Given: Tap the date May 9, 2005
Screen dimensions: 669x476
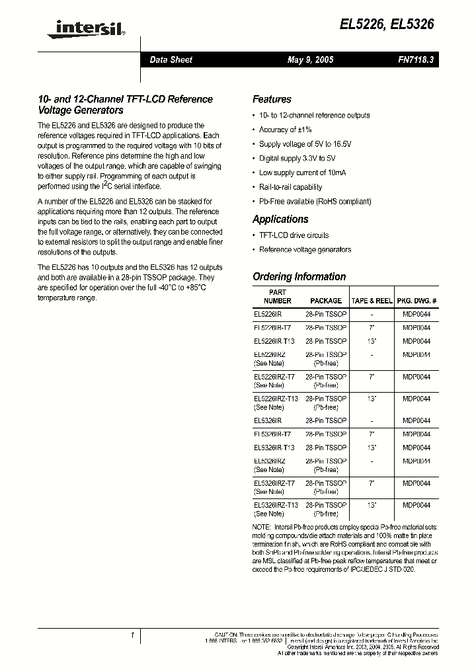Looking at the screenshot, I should pyautogui.click(x=310, y=60).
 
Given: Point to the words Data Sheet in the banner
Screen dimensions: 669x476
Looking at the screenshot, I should pyautogui.click(x=171, y=60).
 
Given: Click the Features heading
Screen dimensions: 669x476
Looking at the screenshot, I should pyautogui.click(x=272, y=99).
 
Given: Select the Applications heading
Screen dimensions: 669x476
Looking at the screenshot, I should pyautogui.click(x=280, y=219).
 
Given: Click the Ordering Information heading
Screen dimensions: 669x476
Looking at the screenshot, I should pyautogui.click(x=299, y=276).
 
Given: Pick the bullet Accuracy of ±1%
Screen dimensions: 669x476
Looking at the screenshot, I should pyautogui.click(x=285, y=130).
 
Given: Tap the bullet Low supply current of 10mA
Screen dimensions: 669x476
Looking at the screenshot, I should pyautogui.click(x=302, y=173).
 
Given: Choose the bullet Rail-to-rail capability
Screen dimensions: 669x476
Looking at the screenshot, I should pyautogui.click(x=290, y=187).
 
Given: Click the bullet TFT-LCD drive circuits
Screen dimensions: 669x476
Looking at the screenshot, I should pyautogui.click(x=294, y=235).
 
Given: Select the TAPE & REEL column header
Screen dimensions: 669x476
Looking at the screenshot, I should pyautogui.click(x=372, y=301).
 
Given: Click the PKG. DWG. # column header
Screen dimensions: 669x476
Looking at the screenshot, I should pyautogui.click(x=416, y=301).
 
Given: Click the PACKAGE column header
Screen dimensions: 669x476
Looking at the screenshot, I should pyautogui.click(x=326, y=301).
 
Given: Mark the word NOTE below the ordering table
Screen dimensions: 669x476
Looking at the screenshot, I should pyautogui.click(x=262, y=526).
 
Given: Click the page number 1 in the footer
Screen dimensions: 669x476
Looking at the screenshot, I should pyautogui.click(x=132, y=636).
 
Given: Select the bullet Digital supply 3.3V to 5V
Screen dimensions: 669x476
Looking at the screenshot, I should pyautogui.click(x=297, y=159).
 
